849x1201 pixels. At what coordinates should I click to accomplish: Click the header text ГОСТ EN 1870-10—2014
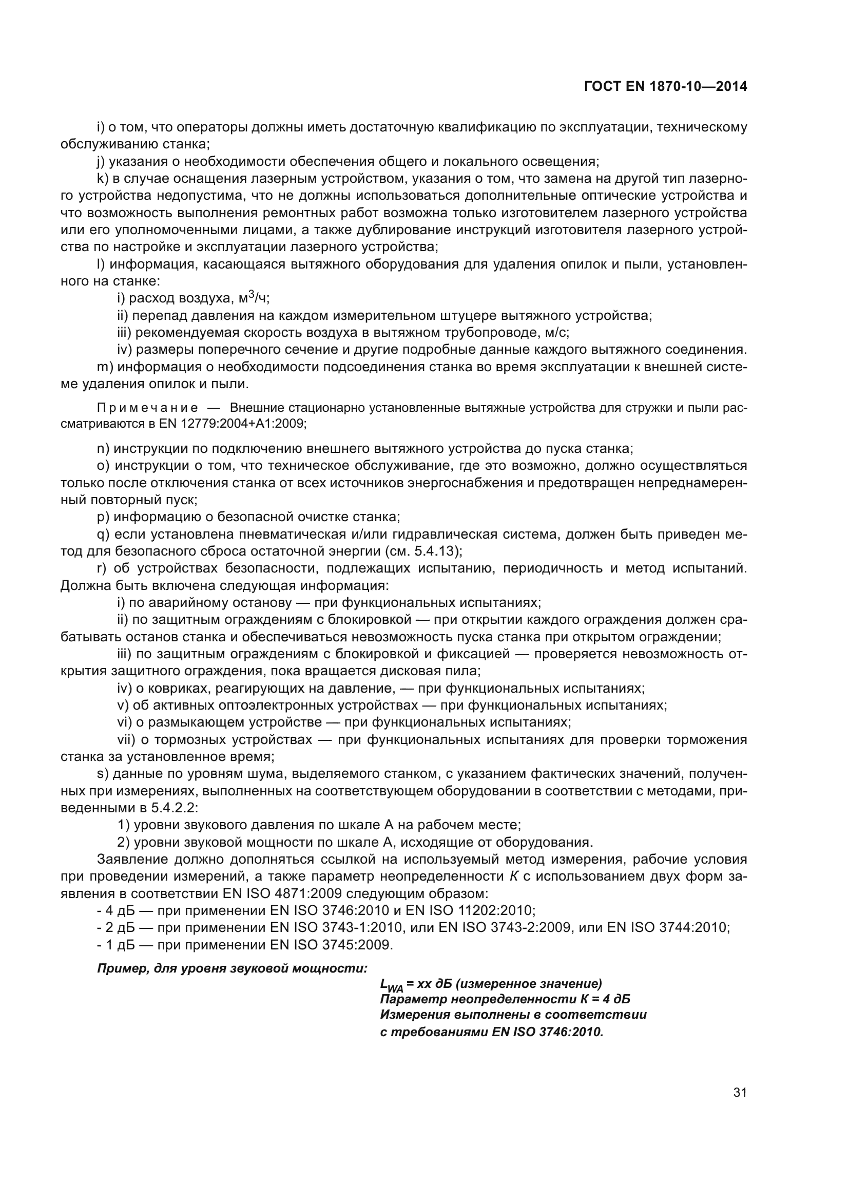click(x=665, y=87)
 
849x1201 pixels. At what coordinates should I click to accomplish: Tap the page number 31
click(x=740, y=1092)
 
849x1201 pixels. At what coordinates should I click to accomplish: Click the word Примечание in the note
click(x=147, y=408)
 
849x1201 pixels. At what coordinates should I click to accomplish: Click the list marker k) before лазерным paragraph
click(x=102, y=178)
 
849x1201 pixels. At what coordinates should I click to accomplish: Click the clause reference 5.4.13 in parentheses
click(x=438, y=551)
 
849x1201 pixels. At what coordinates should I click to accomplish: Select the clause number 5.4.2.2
click(x=173, y=808)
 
